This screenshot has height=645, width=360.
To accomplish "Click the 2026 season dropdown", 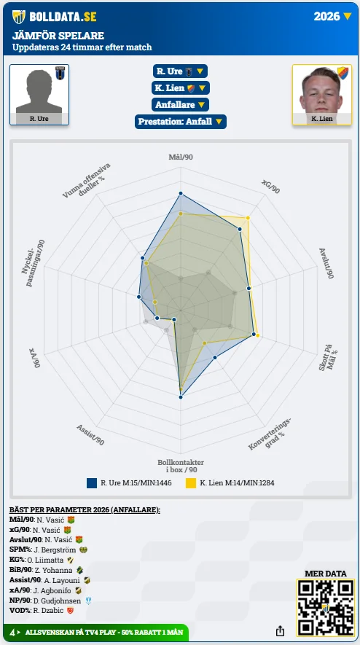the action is point(332,17).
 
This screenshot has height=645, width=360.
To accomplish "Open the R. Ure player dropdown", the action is point(180,71).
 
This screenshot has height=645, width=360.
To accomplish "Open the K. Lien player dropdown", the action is point(180,88).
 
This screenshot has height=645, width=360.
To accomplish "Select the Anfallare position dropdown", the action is point(180,105).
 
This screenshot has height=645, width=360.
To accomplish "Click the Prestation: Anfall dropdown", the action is point(180,122).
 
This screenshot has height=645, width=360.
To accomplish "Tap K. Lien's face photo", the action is point(321,90).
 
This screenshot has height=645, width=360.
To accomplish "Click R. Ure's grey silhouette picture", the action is point(39,91).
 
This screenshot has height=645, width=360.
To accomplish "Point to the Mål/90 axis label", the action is point(181,157).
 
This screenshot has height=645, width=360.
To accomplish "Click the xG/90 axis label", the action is point(270,187).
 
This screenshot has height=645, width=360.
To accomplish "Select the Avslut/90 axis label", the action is point(326,264).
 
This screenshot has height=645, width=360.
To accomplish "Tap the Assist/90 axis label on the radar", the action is point(90,435).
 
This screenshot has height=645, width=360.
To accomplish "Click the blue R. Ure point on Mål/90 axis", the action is point(180,193).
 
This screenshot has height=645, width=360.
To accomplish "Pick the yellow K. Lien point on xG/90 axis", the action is point(248,218).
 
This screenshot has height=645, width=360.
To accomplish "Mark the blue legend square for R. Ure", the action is point(92,483).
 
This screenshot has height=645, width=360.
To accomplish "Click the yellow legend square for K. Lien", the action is point(190,483).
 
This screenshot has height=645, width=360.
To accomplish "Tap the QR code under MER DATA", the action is point(326,608).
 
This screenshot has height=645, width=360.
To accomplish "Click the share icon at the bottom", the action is point(280,630).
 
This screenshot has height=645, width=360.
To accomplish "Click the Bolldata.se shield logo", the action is point(19,17).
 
